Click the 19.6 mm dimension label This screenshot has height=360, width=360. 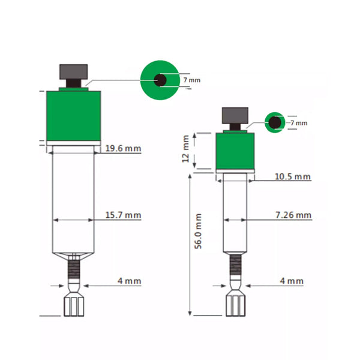click(x=123, y=148)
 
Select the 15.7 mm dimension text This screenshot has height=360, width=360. click(x=123, y=215)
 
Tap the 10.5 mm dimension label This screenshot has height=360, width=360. click(x=293, y=176)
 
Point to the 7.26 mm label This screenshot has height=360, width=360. click(x=293, y=215)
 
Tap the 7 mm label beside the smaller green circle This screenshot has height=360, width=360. click(x=298, y=123)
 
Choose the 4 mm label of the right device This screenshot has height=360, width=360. click(x=292, y=281)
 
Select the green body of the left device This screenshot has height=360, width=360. click(x=73, y=117)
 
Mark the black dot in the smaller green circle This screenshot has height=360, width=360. click(x=275, y=122)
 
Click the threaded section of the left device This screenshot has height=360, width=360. click(x=74, y=269)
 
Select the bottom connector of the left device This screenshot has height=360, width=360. click(x=74, y=305)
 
